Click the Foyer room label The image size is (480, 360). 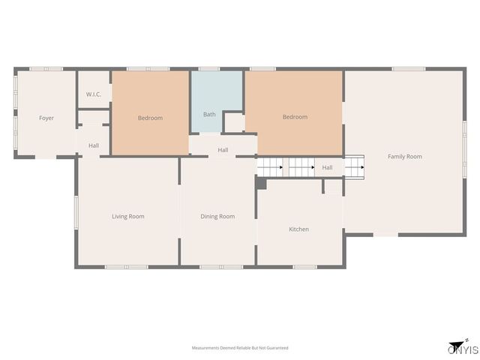point(46,118)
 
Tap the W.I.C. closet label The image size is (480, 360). point(94,94)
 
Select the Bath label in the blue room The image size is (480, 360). point(209,114)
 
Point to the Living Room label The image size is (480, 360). point(127,217)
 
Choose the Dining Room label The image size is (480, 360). point(217,217)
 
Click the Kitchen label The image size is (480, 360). point(298,229)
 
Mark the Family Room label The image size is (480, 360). point(404,157)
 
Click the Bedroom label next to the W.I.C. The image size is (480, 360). point(150,118)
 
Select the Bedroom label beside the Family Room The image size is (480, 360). point(295,117)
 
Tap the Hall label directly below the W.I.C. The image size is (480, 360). point(94,145)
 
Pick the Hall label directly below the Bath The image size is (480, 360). point(223,150)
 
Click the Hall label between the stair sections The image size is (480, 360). point(327,167)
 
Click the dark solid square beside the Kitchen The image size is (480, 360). point(260,183)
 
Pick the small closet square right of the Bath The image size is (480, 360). point(234,121)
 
